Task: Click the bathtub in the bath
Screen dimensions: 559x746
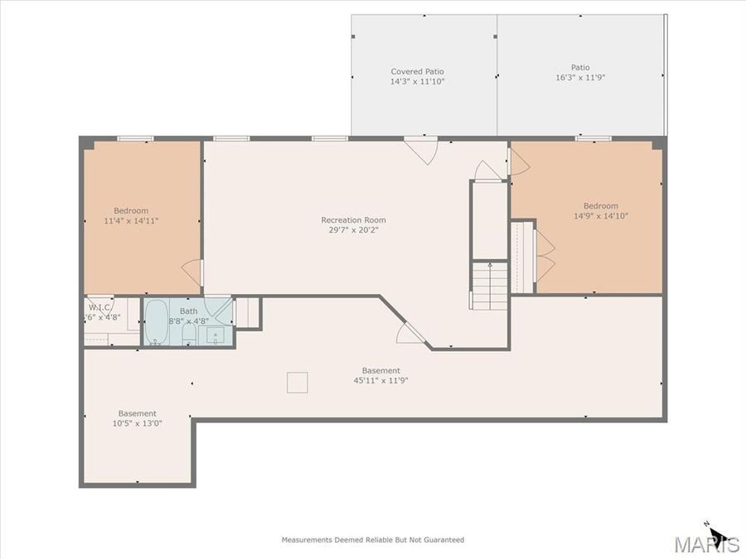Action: [156, 323]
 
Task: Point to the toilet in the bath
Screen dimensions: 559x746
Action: [188, 335]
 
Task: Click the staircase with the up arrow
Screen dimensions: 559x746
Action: [489, 285]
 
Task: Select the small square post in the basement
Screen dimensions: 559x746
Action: [298, 382]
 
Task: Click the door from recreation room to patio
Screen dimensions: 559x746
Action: [422, 151]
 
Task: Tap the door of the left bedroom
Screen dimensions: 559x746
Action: [192, 272]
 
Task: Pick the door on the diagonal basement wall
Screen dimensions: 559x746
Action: [411, 333]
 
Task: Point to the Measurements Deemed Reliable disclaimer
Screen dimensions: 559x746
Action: [372, 540]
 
